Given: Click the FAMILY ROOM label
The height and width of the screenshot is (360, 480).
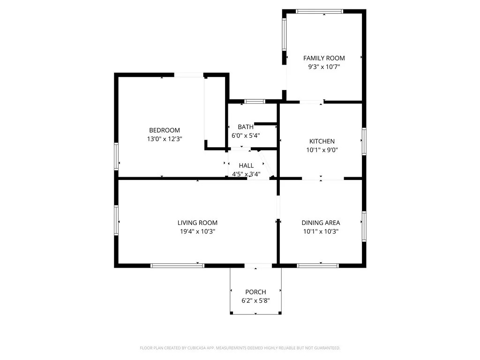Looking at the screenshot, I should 324,58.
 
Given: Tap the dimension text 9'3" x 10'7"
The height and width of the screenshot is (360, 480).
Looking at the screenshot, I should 324,67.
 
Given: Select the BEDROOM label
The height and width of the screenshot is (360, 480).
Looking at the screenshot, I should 164,130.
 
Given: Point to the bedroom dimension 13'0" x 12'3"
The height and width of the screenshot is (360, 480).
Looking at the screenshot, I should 164,139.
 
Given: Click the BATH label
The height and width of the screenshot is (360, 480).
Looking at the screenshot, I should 246,127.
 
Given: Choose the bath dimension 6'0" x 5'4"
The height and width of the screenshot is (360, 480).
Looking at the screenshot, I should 246,135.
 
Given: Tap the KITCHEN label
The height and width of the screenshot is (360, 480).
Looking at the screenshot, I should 322,142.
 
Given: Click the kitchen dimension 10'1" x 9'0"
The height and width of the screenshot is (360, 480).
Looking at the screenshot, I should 322,150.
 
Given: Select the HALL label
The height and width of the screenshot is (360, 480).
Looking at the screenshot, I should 246,165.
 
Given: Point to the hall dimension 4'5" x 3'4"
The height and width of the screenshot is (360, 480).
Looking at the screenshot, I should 246,174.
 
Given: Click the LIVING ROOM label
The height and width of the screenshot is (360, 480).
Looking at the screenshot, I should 197,223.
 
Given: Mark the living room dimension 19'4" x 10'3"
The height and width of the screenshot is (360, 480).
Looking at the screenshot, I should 197,232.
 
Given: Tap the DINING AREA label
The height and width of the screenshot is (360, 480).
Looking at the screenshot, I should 321,223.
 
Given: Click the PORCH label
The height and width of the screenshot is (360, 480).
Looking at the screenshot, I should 255,292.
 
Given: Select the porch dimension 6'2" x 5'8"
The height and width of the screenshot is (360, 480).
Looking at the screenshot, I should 255,300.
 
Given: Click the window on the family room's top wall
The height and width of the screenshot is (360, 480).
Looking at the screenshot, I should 320,11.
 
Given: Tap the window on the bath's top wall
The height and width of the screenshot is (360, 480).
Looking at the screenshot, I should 255,101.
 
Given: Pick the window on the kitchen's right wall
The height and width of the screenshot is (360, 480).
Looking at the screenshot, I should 364,141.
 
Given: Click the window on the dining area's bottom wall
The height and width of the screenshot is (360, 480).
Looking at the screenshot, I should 318,266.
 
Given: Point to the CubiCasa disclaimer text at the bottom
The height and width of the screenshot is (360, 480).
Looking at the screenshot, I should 240,348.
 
